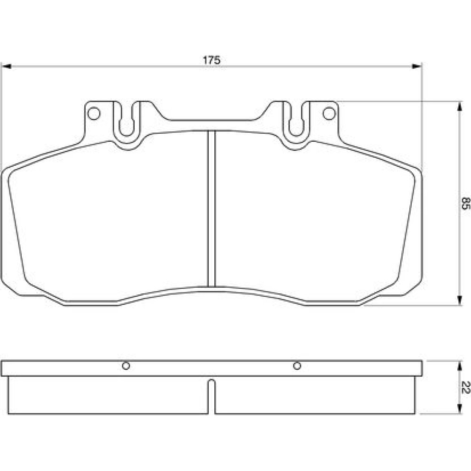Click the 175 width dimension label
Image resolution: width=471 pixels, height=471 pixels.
tap(212, 60)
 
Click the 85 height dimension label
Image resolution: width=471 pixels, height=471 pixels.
tap(465, 203)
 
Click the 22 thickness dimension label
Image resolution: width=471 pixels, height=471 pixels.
tap(465, 387)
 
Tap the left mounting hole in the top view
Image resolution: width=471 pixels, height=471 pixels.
tap(93, 114)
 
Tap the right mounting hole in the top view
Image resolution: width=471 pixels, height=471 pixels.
tap(329, 114)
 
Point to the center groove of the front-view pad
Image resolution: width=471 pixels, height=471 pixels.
tap(212, 209)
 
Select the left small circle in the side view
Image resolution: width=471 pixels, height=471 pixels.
tap(126, 366)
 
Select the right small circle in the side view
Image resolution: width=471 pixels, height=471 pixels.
tap(297, 366)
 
